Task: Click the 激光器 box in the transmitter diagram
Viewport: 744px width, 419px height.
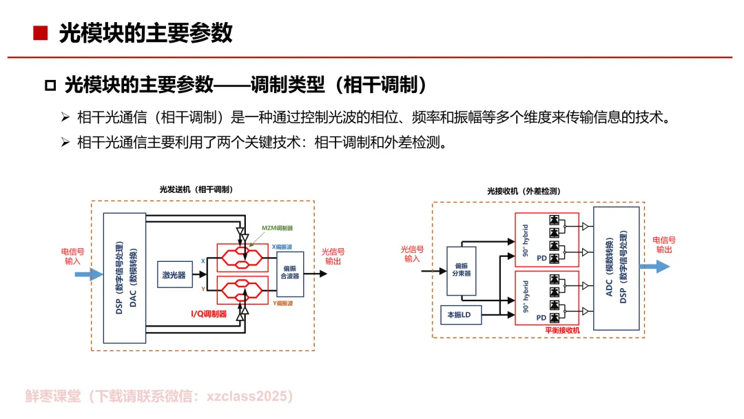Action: pos(174,274)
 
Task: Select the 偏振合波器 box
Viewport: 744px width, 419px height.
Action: pos(290,274)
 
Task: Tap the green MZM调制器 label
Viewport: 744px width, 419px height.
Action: pos(277,227)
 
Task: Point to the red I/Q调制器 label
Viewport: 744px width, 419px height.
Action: pos(209,314)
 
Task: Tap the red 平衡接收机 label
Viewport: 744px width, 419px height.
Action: pos(562,331)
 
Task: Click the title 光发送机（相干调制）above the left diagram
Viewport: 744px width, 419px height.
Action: pos(196,190)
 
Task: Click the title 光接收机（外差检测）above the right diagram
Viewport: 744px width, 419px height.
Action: pos(523,191)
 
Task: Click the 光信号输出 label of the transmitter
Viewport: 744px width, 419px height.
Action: pos(333,256)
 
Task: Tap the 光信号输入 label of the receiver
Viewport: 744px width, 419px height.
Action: pos(412,254)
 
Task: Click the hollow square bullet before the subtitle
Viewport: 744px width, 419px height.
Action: pos(49,85)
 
